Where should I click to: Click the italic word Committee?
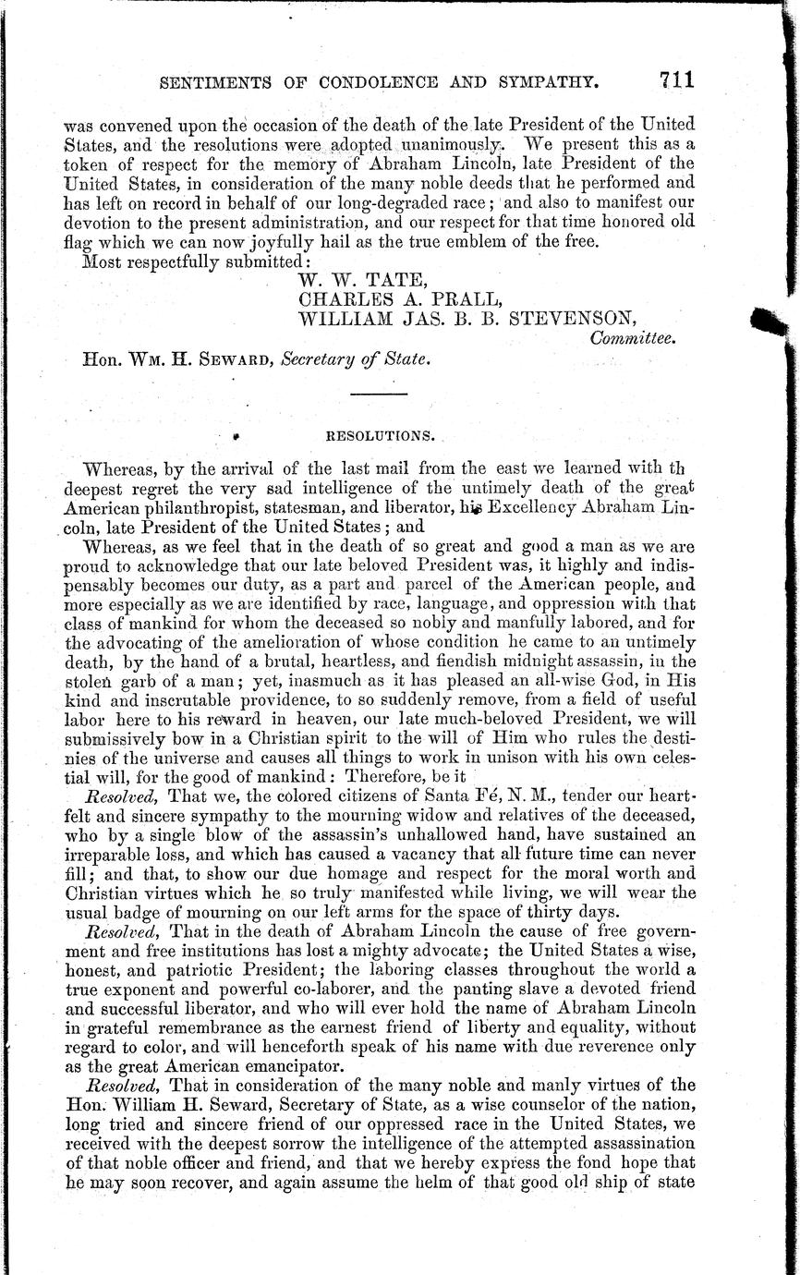[x=633, y=339]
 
